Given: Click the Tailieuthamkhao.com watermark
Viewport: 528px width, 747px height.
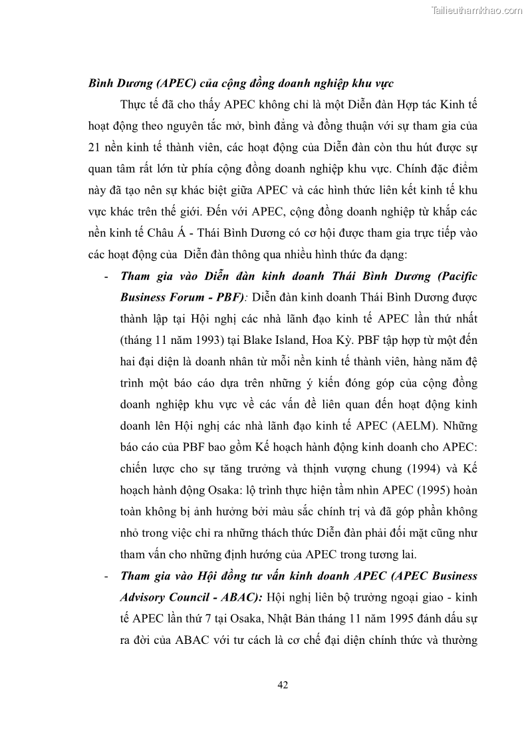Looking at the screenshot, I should [x=477, y=10].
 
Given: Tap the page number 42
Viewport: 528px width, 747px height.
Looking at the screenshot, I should [x=282, y=686].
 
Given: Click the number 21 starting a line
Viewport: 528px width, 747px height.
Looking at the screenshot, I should [x=95, y=147].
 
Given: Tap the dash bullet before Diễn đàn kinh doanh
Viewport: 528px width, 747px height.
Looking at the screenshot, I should [x=107, y=275].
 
